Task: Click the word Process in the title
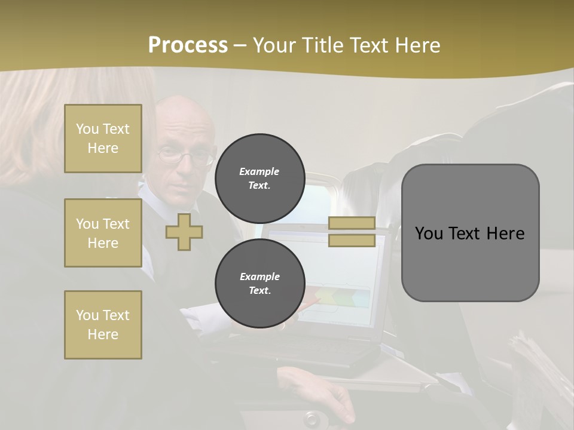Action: pos(188,45)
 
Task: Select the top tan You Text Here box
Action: pos(103,139)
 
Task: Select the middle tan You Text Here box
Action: pos(103,233)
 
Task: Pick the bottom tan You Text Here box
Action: pos(103,325)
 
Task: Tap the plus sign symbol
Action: pos(184,232)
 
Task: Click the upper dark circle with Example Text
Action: pos(259,178)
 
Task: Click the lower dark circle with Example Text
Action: pos(259,284)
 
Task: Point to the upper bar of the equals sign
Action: pos(352,223)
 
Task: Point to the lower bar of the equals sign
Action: pos(352,241)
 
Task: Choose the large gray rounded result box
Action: pos(470,233)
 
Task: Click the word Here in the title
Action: pos(416,45)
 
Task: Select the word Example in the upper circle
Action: pos(259,171)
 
